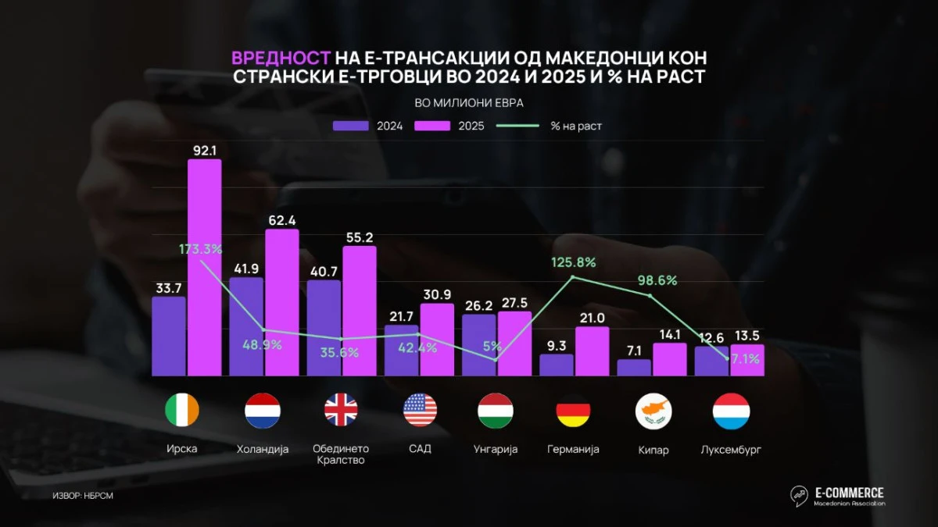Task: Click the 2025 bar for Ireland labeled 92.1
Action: point(204,267)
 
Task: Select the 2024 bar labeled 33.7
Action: point(169,336)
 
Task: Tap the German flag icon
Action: point(573,411)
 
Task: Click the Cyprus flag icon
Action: point(653,411)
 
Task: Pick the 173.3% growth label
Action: point(200,250)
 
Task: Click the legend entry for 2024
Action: point(368,126)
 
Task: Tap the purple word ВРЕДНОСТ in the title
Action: point(281,59)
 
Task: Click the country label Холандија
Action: point(263,449)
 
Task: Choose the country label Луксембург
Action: point(732,449)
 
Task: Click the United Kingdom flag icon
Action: point(341,411)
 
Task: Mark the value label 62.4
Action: point(282,219)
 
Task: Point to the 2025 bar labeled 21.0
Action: point(593,351)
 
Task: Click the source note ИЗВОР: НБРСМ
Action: point(77,495)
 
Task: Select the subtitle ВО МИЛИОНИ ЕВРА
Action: point(469,102)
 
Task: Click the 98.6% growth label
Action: point(651,280)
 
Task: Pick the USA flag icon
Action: point(420,411)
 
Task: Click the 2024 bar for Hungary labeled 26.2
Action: point(478,344)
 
